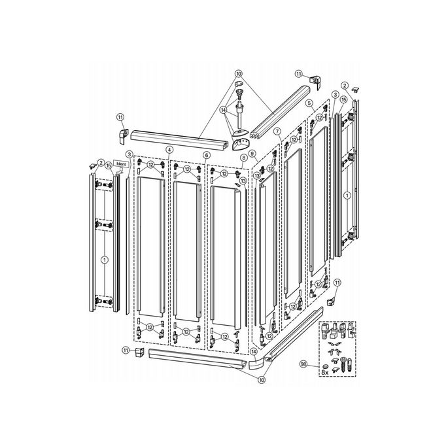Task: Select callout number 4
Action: click(x=169, y=150)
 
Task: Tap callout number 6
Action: click(x=206, y=155)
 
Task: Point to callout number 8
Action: click(x=243, y=158)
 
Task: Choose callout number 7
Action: click(x=277, y=131)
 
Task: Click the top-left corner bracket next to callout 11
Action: click(x=122, y=135)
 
